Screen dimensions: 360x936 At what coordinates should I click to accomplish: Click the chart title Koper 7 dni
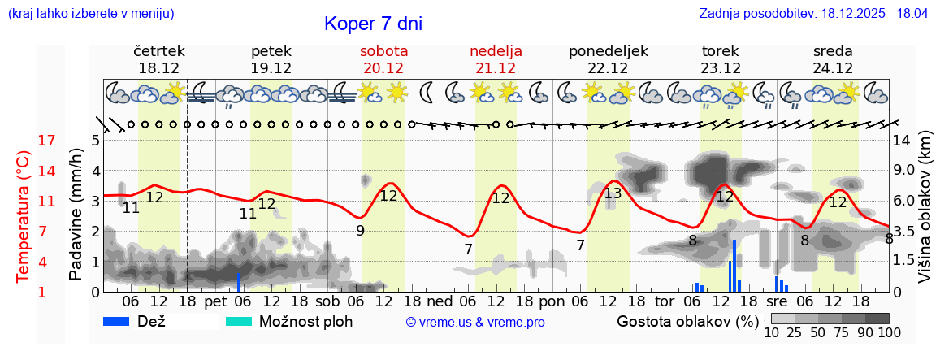click(373, 24)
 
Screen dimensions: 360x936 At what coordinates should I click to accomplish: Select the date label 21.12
click(496, 68)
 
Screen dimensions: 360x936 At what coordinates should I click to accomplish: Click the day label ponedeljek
click(608, 51)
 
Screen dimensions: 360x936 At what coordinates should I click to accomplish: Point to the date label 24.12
click(833, 68)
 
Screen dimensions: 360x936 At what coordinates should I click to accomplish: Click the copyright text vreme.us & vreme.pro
click(475, 322)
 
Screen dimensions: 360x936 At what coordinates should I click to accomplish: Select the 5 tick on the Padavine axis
click(95, 141)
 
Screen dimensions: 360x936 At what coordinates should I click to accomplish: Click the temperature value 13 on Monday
click(613, 193)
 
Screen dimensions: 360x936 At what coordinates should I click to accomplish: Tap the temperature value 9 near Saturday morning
click(360, 230)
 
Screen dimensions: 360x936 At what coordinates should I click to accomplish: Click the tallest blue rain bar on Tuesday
click(734, 265)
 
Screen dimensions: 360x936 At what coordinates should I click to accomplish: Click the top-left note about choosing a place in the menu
click(90, 14)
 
